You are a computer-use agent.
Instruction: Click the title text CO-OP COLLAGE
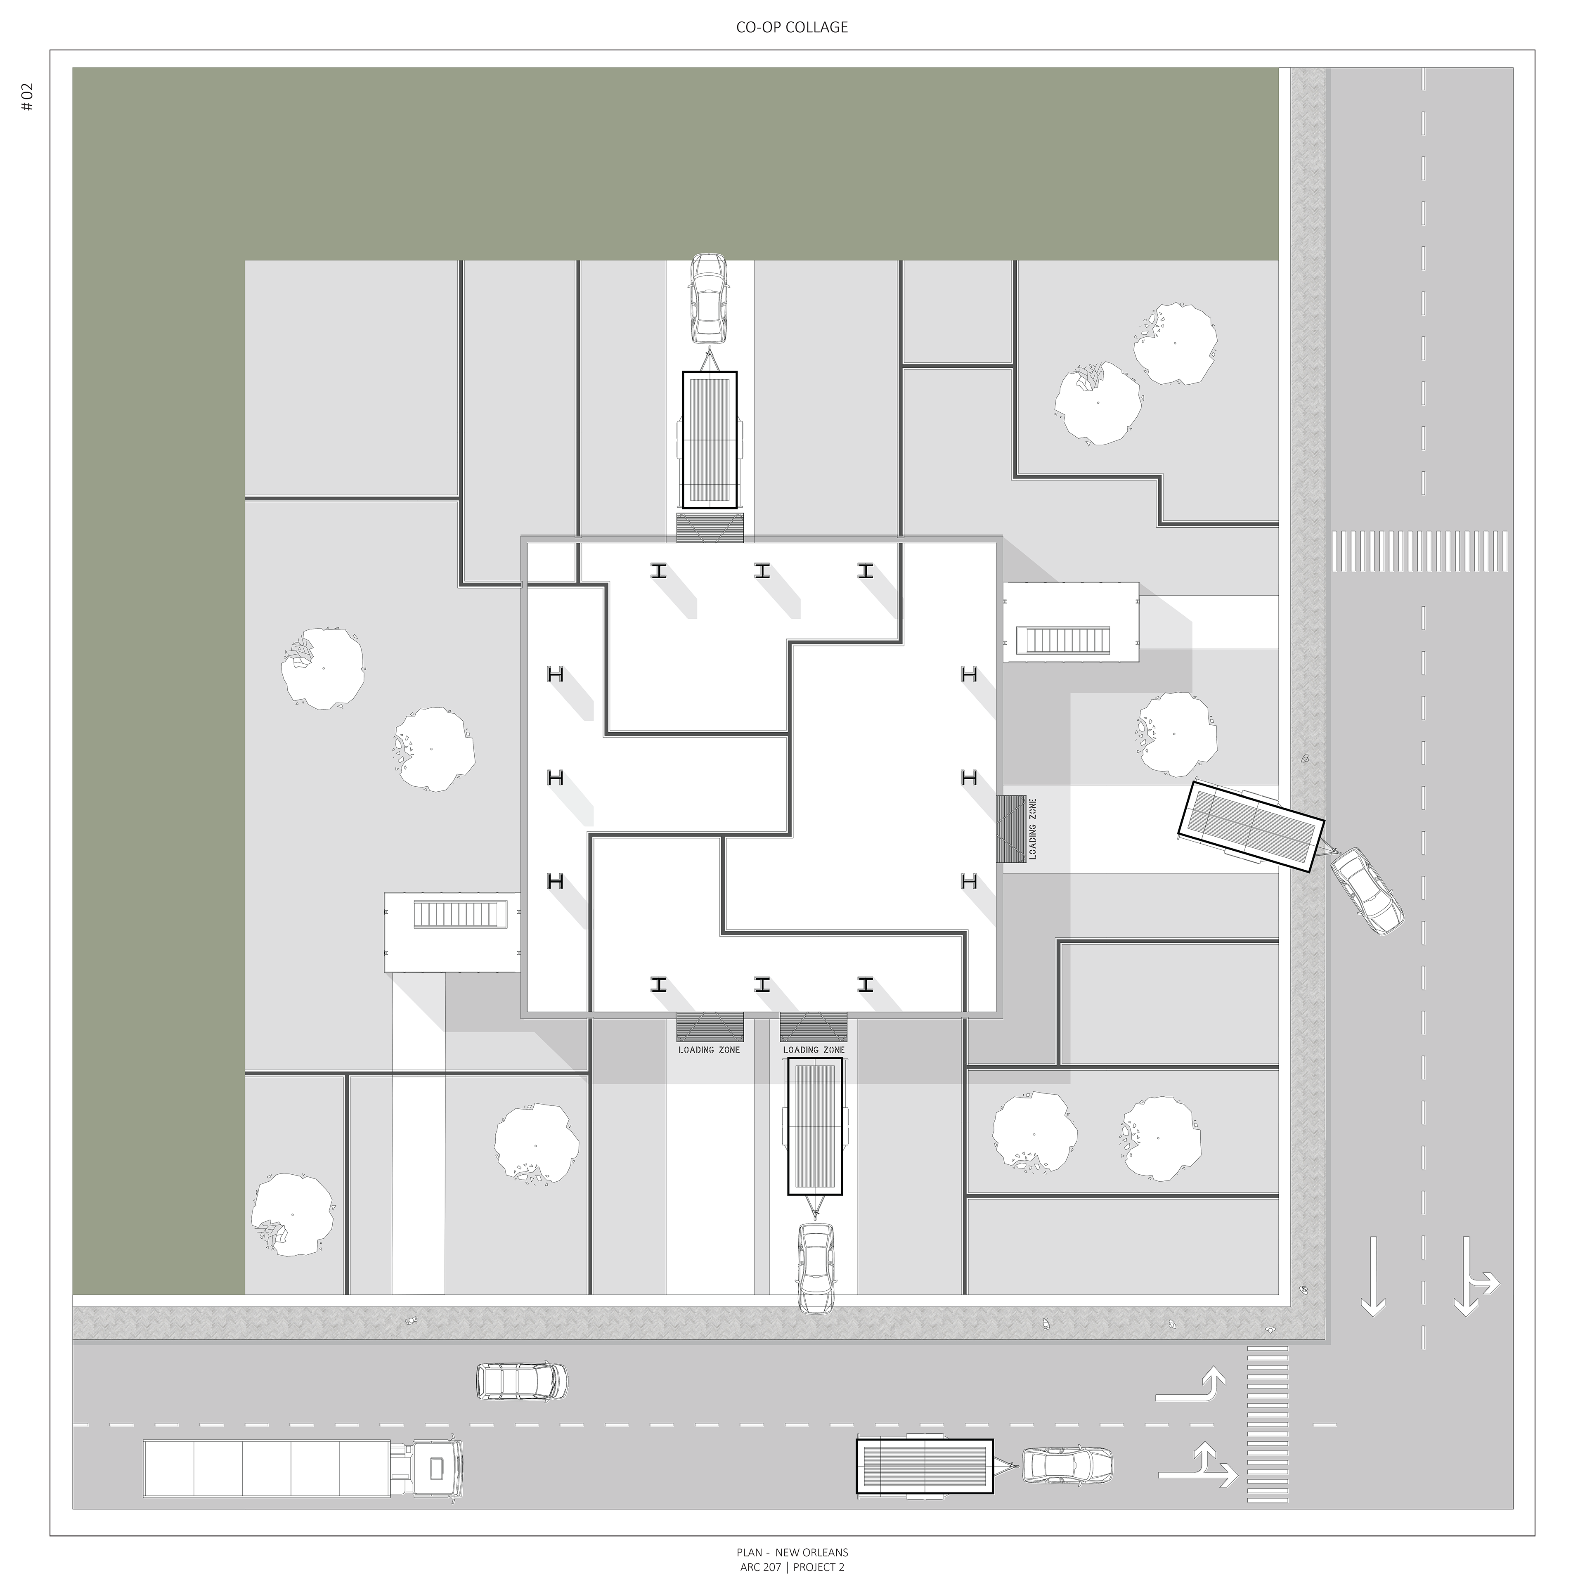coord(792,27)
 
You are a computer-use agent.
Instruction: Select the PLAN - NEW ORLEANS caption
coord(792,1552)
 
